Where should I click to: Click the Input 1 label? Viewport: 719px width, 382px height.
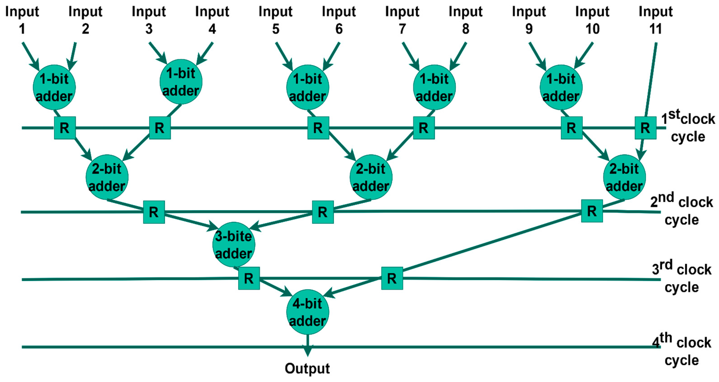[22, 20]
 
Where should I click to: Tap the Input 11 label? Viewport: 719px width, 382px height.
[656, 20]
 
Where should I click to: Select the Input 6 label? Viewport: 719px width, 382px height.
[339, 20]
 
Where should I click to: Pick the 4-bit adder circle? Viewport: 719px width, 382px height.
[308, 312]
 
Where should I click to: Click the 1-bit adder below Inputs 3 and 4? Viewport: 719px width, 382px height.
[181, 82]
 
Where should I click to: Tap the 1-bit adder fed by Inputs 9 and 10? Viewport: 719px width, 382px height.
[561, 87]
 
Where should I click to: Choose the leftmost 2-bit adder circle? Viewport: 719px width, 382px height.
[107, 177]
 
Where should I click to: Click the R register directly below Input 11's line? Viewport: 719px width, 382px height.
[645, 128]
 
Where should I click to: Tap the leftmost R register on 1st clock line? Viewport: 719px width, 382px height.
[65, 128]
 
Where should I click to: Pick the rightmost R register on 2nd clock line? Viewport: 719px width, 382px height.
[592, 211]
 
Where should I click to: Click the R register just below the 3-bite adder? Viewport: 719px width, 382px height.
[249, 278]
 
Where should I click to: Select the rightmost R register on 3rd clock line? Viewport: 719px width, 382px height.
[392, 278]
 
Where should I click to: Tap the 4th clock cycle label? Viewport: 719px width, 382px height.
[682, 351]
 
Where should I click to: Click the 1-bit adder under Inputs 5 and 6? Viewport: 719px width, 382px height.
[308, 87]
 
